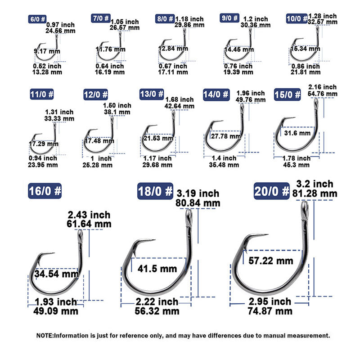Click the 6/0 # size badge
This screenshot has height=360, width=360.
[37, 19]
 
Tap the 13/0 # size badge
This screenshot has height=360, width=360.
[152, 94]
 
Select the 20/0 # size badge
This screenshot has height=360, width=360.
[272, 191]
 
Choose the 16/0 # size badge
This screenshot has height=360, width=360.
[45, 191]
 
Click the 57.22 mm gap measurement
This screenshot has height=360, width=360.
[271, 261]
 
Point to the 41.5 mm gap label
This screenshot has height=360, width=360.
[157, 269]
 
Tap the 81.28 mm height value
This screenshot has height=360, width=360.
[315, 193]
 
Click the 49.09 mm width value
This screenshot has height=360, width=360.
[56, 311]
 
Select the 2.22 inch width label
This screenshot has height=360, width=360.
[157, 301]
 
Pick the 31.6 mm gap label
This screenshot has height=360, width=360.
[297, 133]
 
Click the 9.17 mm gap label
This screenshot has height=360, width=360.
[47, 51]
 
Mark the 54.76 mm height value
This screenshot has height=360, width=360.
[323, 94]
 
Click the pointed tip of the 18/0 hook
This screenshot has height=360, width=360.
[155, 240]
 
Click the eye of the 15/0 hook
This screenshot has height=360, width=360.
[316, 102]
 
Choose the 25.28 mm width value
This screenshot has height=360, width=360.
[98, 165]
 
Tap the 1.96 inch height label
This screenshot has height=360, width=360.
[251, 93]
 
